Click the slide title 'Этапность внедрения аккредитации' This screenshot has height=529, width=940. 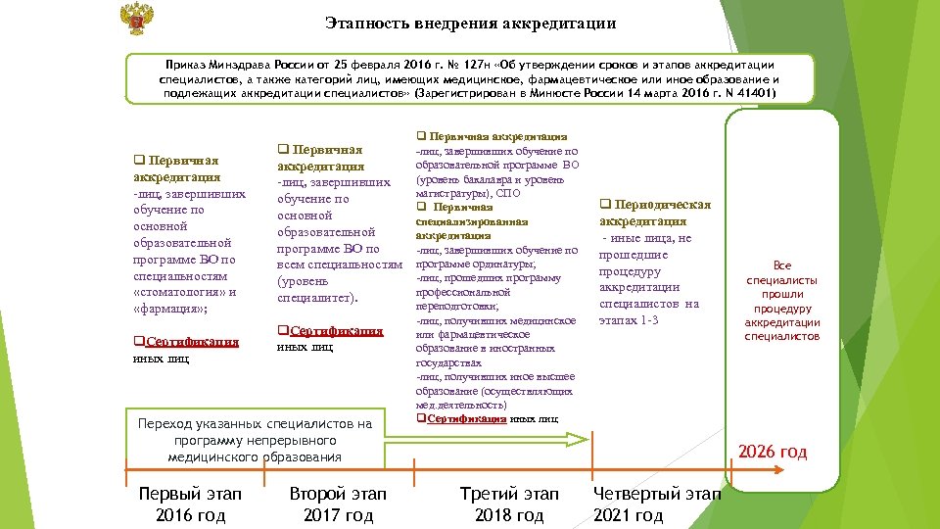click(x=471, y=24)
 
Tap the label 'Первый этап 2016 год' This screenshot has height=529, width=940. click(x=190, y=505)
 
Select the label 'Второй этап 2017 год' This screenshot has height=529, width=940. click(x=339, y=505)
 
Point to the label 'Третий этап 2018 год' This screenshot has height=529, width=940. click(x=509, y=505)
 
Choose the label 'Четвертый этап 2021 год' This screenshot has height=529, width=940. click(x=657, y=505)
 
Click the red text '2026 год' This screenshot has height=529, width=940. click(x=773, y=452)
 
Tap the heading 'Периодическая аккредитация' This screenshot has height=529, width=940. click(x=654, y=213)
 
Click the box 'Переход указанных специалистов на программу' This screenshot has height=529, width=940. click(x=255, y=440)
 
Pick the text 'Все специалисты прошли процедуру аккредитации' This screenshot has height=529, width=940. click(x=782, y=301)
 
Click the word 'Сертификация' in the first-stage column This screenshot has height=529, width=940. click(x=191, y=342)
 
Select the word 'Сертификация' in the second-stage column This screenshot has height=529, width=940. click(x=336, y=331)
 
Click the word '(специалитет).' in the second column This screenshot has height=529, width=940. click(x=318, y=298)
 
